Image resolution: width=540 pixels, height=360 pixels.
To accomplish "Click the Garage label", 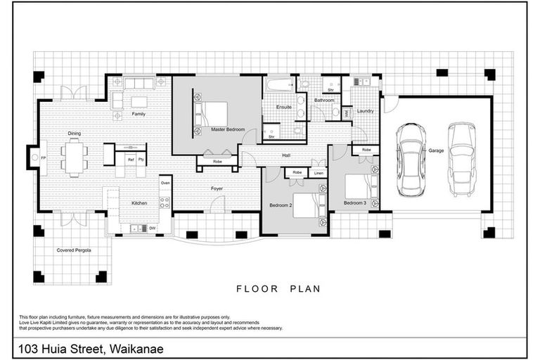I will [x=437, y=150].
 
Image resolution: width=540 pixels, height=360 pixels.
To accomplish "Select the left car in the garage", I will [x=410, y=160].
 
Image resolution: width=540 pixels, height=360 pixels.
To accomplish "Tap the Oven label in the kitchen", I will [x=165, y=183].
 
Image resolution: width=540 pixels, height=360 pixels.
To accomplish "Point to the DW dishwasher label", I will [x=152, y=228].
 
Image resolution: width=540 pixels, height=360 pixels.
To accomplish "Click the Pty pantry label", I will [x=141, y=160].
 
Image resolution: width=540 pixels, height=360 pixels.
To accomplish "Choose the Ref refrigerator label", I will [x=130, y=160].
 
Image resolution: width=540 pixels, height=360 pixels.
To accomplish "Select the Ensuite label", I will [x=284, y=108].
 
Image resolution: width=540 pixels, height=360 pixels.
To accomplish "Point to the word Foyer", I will [x=217, y=188].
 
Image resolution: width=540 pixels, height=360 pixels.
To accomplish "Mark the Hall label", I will [x=286, y=155].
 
